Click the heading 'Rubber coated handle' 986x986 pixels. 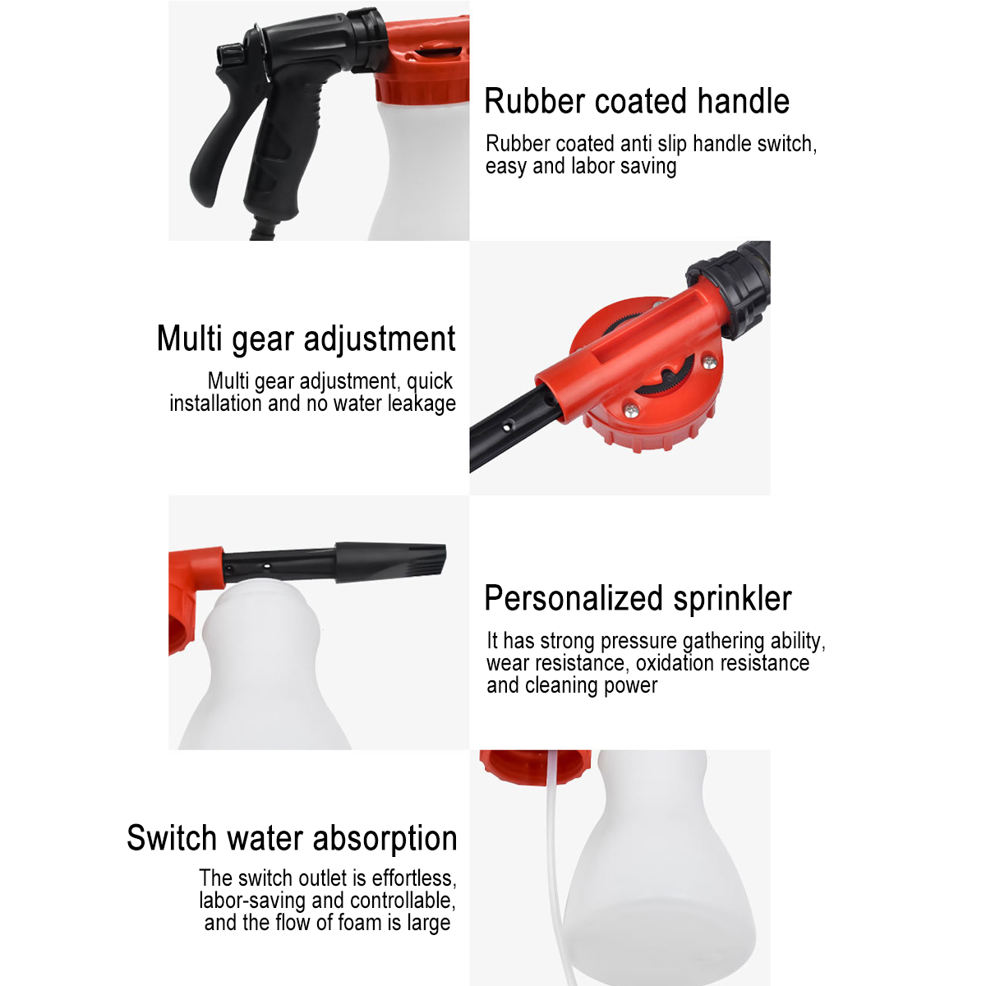pos(637,101)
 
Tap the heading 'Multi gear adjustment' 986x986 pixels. pos(306,339)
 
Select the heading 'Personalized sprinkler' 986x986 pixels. pos(638,598)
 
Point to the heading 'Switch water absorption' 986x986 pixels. pos(292,838)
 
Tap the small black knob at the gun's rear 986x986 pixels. pos(231,53)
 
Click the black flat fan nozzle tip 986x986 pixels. pos(391,561)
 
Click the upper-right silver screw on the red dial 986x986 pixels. pos(708,362)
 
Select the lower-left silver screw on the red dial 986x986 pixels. pos(631,408)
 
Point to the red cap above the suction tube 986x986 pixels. pos(535,767)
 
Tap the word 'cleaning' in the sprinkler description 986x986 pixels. pos(561,686)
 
